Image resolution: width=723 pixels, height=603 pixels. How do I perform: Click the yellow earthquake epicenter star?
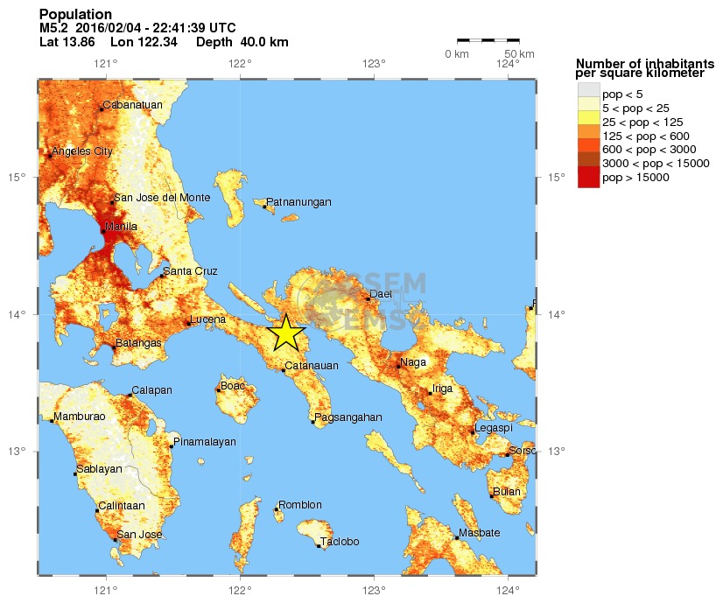pos(285,333)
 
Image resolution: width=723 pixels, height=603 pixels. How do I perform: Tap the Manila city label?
pos(122,228)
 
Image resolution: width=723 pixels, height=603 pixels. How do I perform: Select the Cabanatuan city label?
pos(133,106)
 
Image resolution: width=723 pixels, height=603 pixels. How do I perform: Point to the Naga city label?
pos(413,362)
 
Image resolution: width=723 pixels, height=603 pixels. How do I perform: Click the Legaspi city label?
pos(494,428)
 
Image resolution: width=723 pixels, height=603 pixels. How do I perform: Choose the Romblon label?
pos(300,505)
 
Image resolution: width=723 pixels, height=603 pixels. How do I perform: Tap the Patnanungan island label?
pos(298,202)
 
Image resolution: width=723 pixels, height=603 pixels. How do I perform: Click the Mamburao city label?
pos(80,417)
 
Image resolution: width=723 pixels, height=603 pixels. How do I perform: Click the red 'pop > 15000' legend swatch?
pos(588,178)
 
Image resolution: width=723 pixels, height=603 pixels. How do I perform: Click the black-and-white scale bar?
pos(488,40)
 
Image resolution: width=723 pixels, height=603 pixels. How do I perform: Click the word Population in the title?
pos(76,15)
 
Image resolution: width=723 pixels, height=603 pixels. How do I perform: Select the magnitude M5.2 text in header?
pos(54,28)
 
